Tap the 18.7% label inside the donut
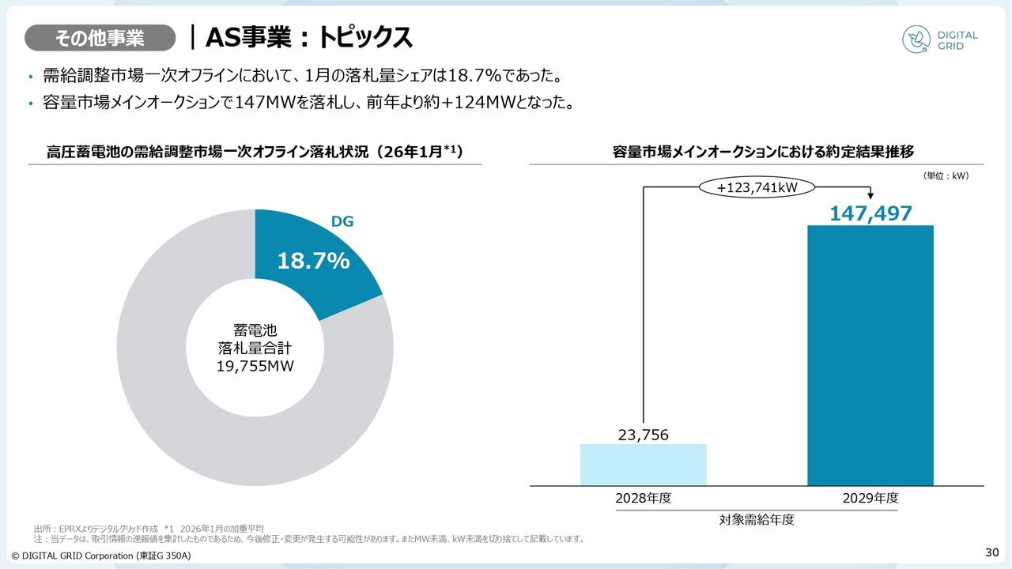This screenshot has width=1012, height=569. [x=313, y=262]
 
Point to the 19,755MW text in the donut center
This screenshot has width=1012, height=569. [x=255, y=366]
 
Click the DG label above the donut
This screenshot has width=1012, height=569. [x=342, y=222]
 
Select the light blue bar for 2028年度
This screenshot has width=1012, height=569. [x=643, y=465]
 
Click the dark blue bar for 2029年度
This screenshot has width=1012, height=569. [x=870, y=356]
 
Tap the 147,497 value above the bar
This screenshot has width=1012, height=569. [x=870, y=213]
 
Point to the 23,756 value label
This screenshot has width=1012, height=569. [x=643, y=434]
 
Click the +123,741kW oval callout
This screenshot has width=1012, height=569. [x=757, y=188]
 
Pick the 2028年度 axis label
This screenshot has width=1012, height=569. [x=643, y=498]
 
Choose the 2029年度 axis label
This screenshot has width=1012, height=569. [x=870, y=498]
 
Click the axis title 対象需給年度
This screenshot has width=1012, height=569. [x=757, y=520]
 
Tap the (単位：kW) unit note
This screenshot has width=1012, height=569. [x=946, y=175]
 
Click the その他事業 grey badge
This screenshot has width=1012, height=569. [x=100, y=37]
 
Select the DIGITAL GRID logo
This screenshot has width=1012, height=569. [x=940, y=40]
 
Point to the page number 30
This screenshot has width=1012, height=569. [x=992, y=551]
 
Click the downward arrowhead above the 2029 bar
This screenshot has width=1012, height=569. [x=870, y=195]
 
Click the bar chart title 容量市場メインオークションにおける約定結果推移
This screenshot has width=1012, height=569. [x=763, y=152]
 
